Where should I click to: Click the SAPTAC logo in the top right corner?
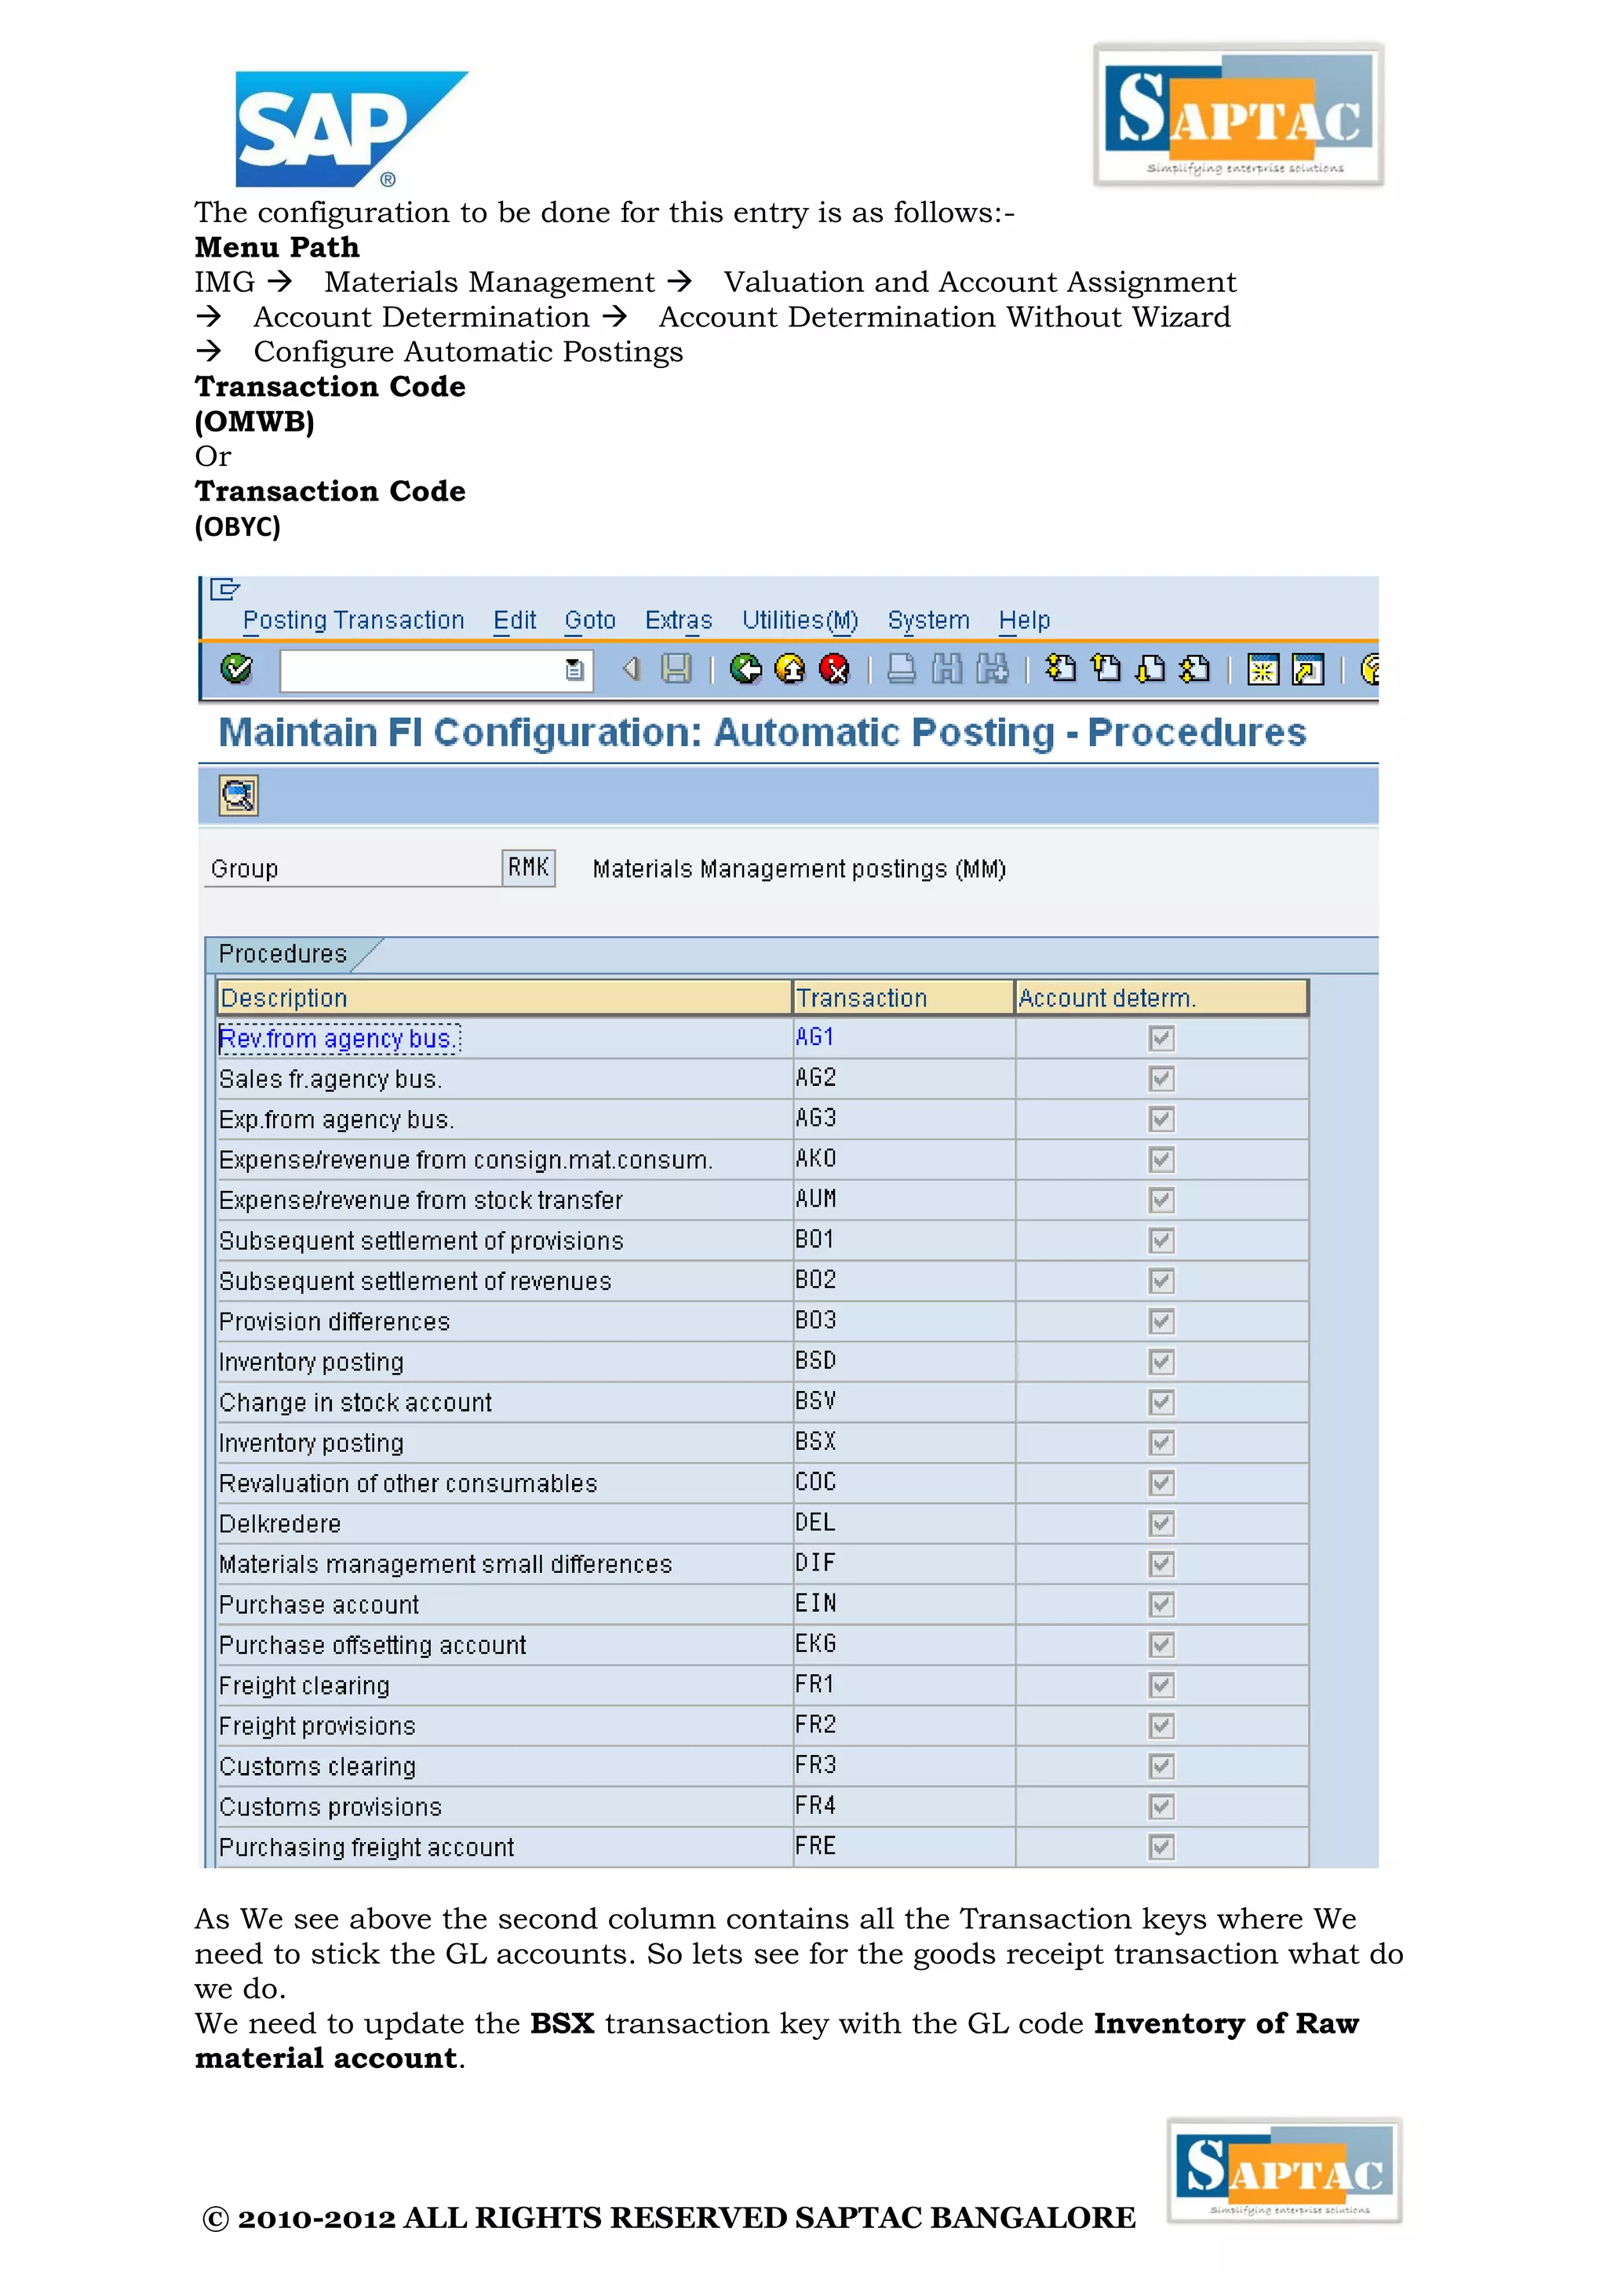[1238, 115]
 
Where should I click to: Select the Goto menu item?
[590, 621]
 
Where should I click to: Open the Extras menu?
[678, 621]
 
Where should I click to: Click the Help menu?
[1023, 621]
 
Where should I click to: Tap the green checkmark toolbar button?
[236, 670]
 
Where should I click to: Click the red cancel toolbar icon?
[834, 670]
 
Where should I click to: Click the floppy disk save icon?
[676, 670]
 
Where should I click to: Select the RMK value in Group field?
[528, 868]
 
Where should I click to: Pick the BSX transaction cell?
[815, 1442]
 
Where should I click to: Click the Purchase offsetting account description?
[372, 1644]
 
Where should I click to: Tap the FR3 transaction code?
[815, 1765]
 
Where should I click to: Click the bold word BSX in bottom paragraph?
[562, 2023]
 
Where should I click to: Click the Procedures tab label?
[283, 954]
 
